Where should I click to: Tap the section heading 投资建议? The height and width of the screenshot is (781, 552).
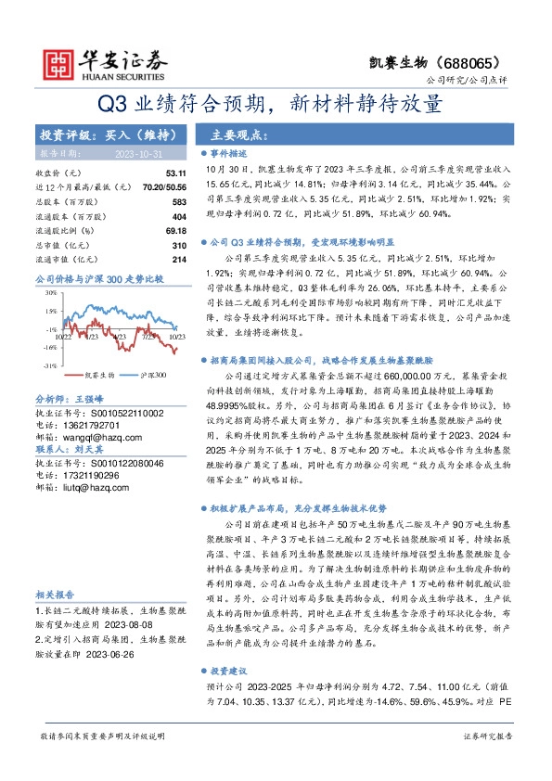[230, 670]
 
